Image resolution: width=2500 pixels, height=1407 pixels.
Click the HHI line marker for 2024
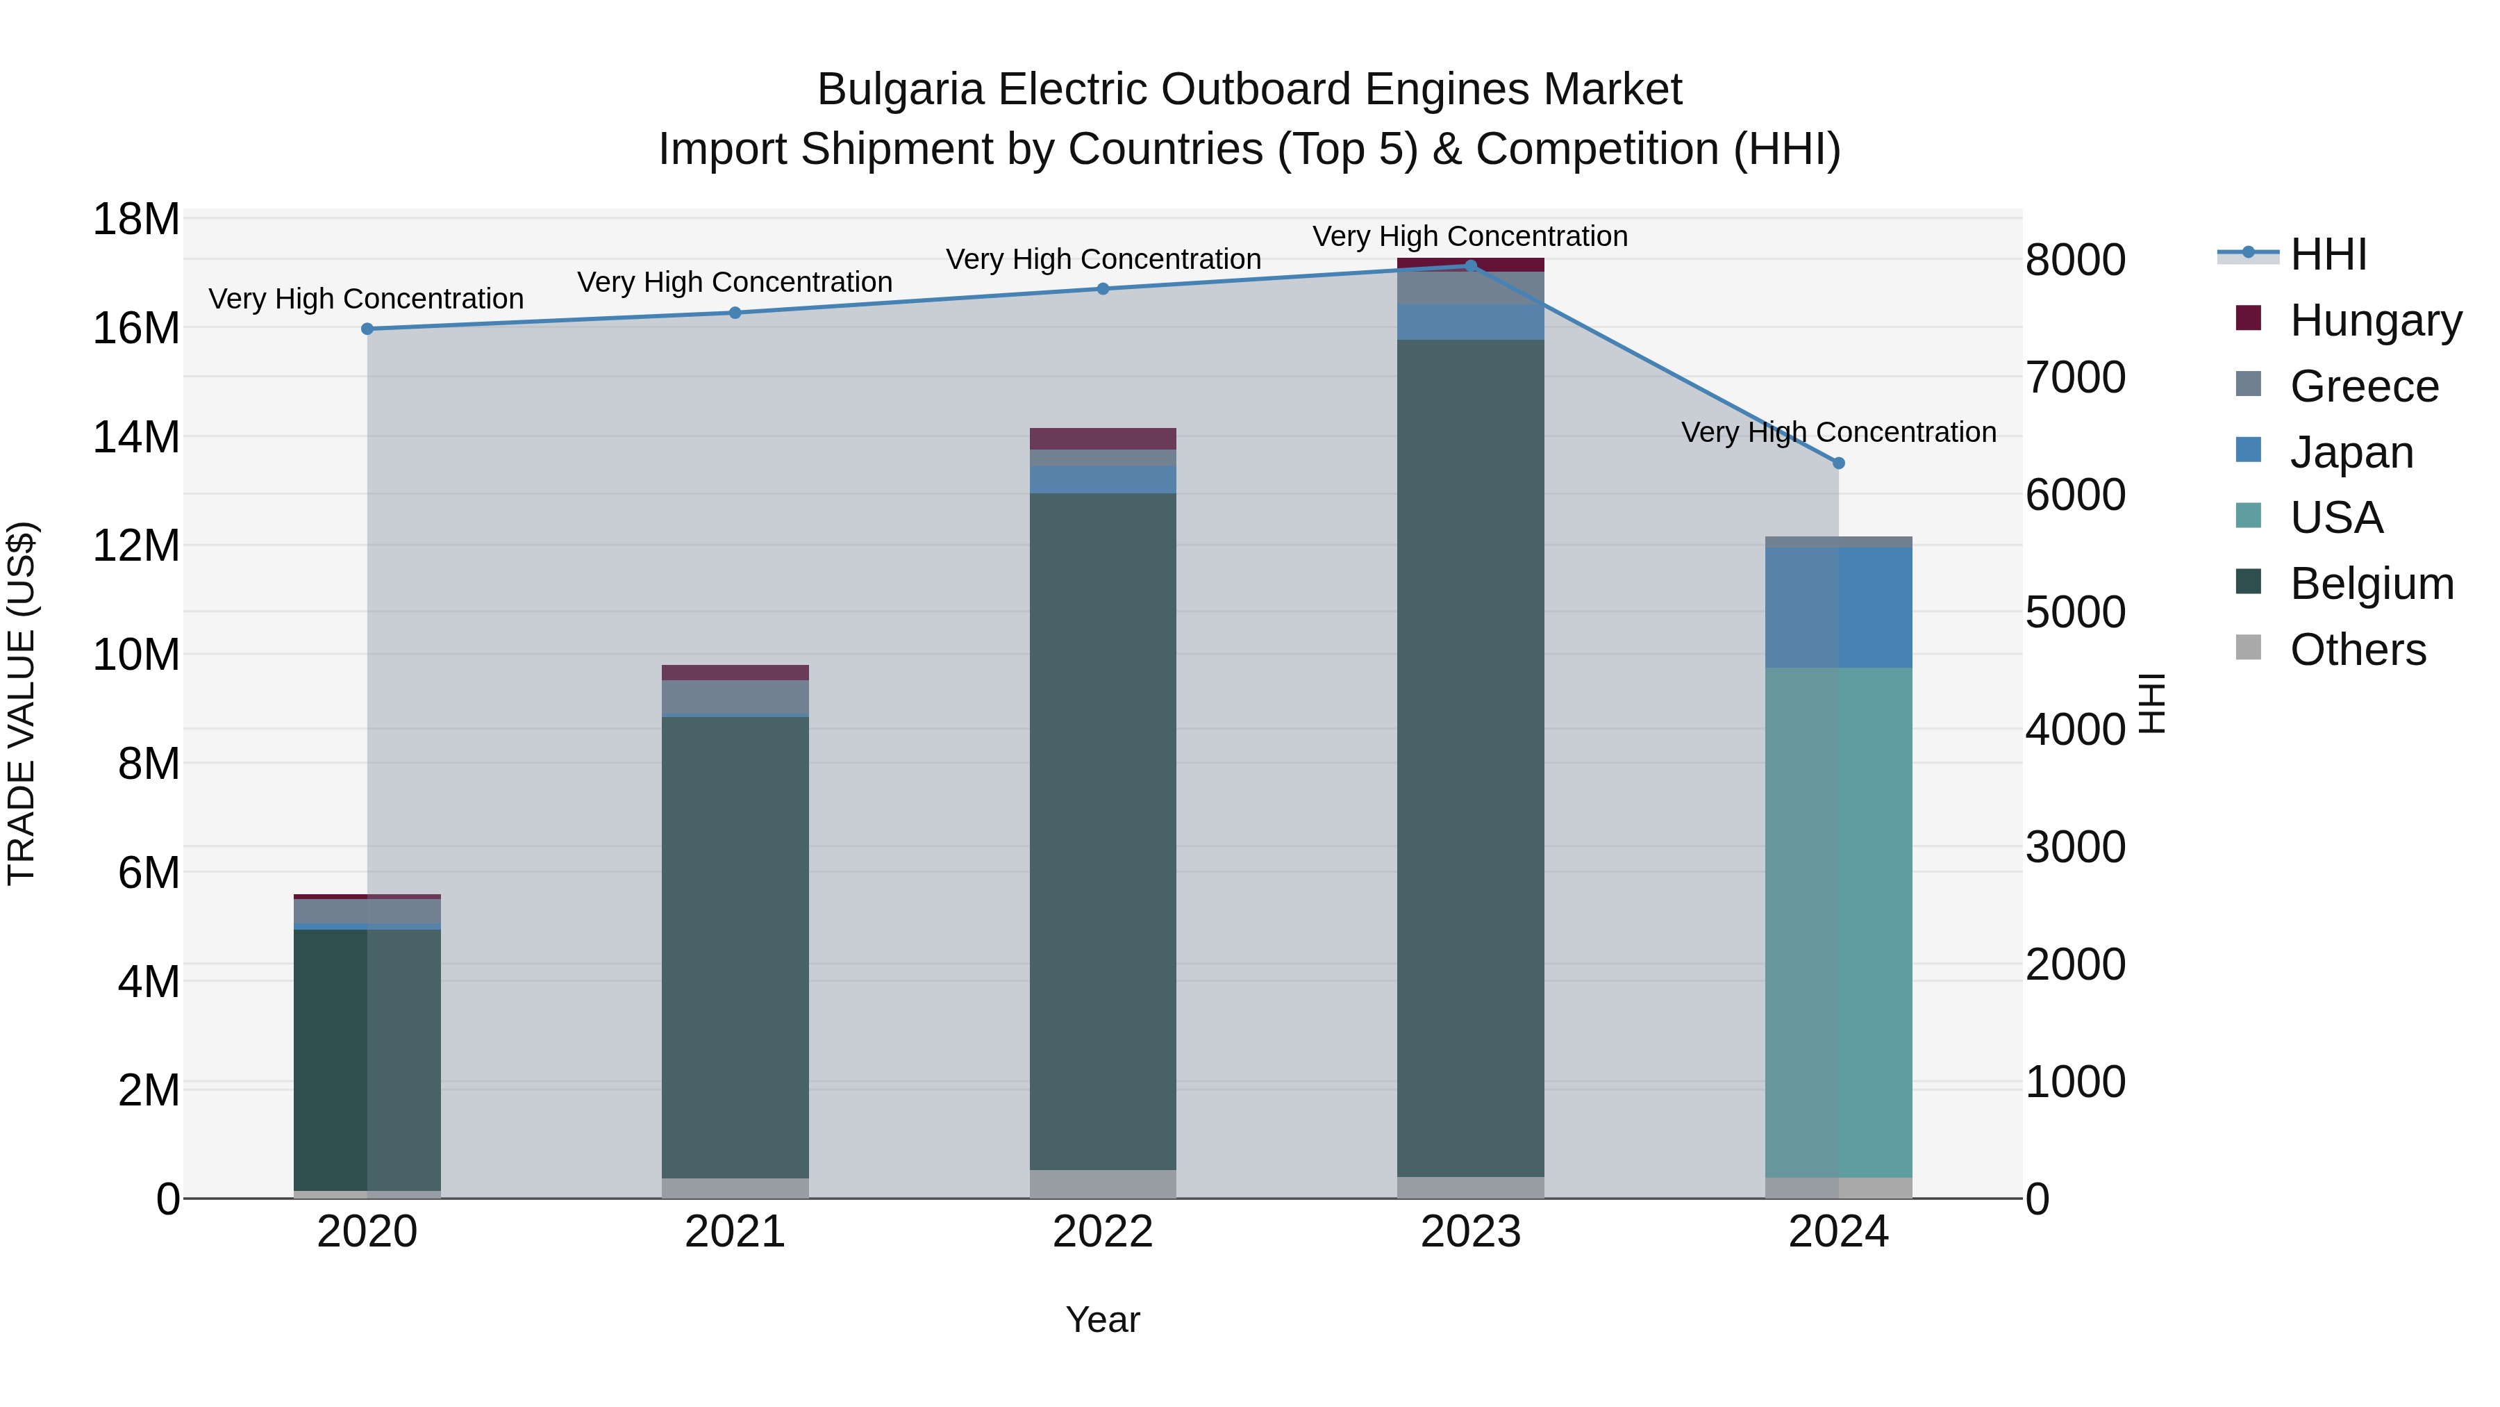pos(1838,463)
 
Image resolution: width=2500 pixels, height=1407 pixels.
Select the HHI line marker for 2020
pos(367,329)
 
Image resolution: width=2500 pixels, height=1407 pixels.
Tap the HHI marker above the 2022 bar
pos(1103,288)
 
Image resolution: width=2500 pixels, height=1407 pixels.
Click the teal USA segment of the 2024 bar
pos(1838,923)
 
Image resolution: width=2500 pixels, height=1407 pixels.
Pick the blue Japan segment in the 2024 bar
pos(1838,607)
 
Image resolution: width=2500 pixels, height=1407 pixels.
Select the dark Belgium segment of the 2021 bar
pos(735,947)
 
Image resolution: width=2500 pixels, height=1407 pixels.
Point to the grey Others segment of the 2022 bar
pos(1103,1184)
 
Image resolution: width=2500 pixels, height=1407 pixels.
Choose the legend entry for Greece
pos(2363,386)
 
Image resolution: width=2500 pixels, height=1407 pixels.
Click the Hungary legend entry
pos(2375,320)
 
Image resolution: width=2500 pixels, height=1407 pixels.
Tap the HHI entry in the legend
pos(2327,254)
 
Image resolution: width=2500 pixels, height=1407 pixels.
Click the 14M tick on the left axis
pos(136,437)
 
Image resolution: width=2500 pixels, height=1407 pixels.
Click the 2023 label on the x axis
pos(1470,1232)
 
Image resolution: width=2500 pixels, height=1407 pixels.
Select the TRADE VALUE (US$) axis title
pos(22,703)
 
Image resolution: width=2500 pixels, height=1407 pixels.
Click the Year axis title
pos(1103,1319)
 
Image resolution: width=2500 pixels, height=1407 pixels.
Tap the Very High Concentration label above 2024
pos(1838,432)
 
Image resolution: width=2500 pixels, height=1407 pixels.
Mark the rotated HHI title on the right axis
pos(2153,703)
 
